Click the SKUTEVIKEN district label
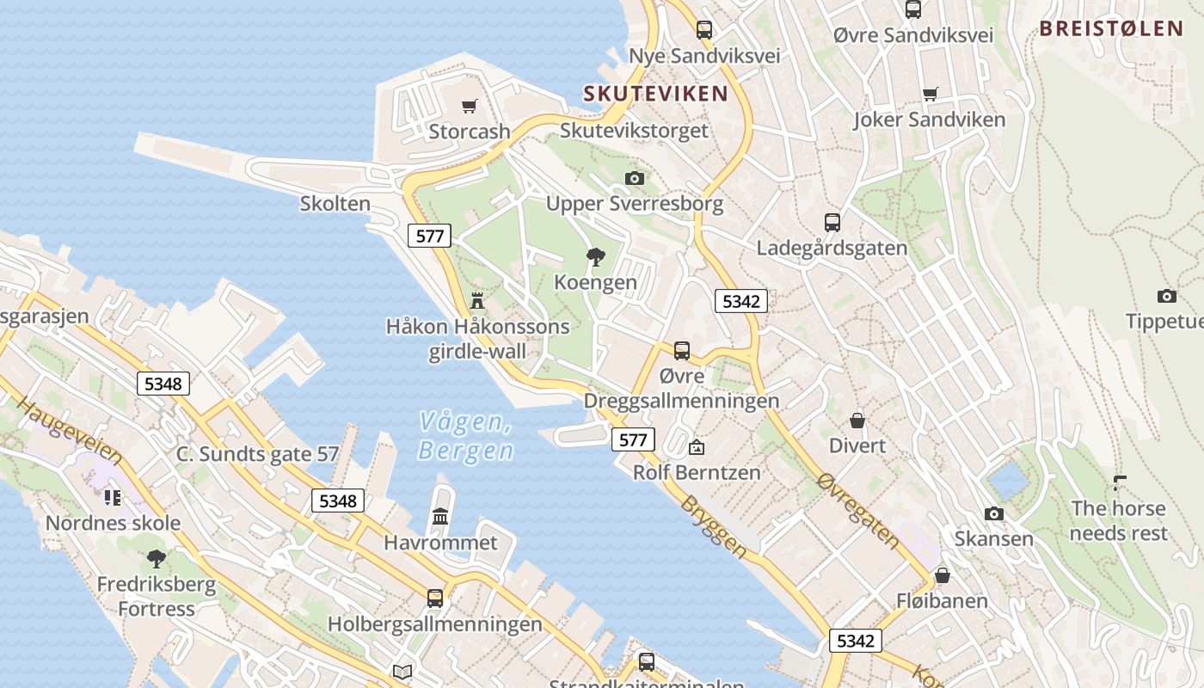tap(655, 94)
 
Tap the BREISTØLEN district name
tap(1111, 28)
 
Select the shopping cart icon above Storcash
tap(469, 107)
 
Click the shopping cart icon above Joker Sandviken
tap(930, 94)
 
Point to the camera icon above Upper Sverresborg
tap(635, 178)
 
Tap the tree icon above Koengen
tap(595, 256)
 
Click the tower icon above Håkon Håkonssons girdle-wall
tap(477, 301)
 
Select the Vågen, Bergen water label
tap(466, 436)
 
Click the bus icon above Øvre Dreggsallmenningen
tap(682, 351)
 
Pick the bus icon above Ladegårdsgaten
tap(832, 223)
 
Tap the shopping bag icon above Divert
tap(857, 421)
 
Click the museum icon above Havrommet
tap(440, 517)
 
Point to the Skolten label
tap(335, 204)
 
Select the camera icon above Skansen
tap(994, 513)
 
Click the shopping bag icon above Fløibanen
tap(943, 574)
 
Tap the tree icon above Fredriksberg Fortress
tap(157, 559)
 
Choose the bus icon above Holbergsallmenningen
tap(435, 599)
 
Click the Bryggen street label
tap(714, 526)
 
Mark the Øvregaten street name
tap(858, 512)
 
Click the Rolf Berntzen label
tap(697, 472)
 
